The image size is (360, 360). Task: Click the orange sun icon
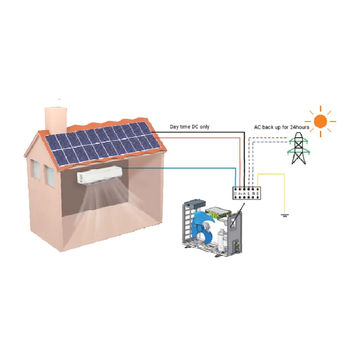pyautogui.click(x=320, y=121)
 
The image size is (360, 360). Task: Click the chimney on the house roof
pyautogui.click(x=55, y=118)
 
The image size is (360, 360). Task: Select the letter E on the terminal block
pyautogui.click(x=257, y=194)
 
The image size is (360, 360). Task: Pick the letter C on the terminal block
pyautogui.click(x=235, y=194)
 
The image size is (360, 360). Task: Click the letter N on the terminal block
pyautogui.click(x=253, y=194)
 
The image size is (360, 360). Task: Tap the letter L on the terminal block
pyautogui.click(x=248, y=194)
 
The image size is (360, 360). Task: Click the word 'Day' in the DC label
pyautogui.click(x=174, y=127)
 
